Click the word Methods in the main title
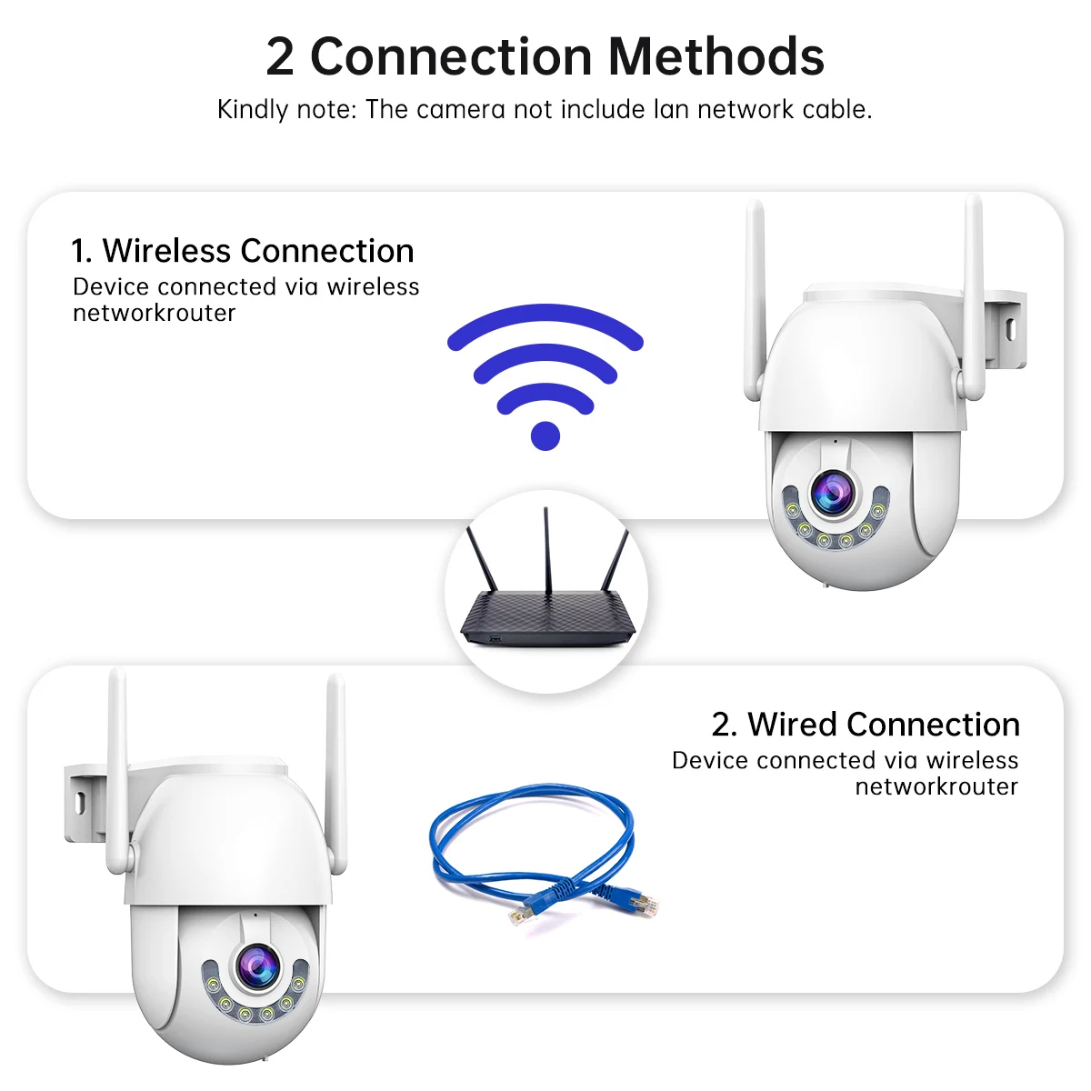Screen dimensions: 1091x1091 click(716, 56)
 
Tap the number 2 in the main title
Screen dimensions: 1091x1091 click(280, 56)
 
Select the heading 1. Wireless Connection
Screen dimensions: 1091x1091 click(243, 251)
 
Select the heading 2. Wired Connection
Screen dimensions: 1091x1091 click(866, 725)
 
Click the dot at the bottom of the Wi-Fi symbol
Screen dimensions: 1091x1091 click(545, 435)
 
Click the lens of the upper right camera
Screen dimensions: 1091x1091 click(832, 492)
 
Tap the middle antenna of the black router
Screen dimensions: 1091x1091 click(546, 545)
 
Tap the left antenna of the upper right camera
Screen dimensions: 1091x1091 click(754, 300)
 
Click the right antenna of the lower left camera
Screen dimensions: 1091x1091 click(335, 773)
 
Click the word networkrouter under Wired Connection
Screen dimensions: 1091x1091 click(936, 786)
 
